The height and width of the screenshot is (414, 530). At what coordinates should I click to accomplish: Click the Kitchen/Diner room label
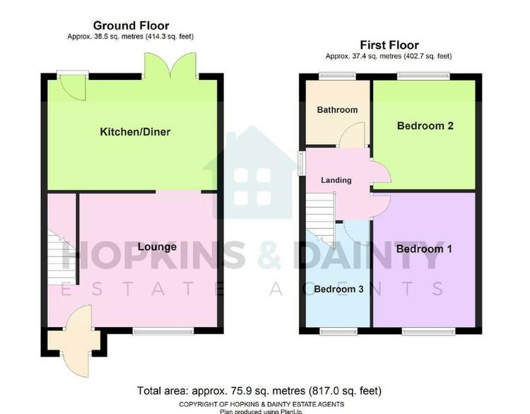click(x=135, y=132)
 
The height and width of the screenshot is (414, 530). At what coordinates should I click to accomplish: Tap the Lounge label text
click(x=157, y=247)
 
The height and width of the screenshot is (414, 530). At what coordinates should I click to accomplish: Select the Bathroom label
click(x=337, y=110)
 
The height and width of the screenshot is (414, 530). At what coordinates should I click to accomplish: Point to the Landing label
click(x=336, y=180)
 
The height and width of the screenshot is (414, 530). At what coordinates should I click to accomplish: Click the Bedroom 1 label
click(x=424, y=249)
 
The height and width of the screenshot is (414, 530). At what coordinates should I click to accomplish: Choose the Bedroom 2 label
click(x=425, y=126)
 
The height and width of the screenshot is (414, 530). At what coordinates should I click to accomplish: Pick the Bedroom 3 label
click(x=338, y=289)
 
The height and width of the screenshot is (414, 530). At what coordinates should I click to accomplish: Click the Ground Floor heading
click(x=131, y=25)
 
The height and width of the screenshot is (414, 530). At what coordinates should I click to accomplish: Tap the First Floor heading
click(x=389, y=45)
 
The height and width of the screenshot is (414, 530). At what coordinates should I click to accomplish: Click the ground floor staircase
click(x=61, y=257)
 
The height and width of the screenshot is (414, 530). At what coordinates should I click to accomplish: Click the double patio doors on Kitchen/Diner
click(x=170, y=66)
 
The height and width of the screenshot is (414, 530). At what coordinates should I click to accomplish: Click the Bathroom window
click(x=337, y=76)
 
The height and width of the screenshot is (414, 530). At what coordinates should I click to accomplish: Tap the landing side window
click(x=301, y=163)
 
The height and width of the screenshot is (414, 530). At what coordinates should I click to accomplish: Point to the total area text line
click(x=259, y=391)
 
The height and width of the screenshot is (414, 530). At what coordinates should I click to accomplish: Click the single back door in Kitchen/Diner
click(x=72, y=86)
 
